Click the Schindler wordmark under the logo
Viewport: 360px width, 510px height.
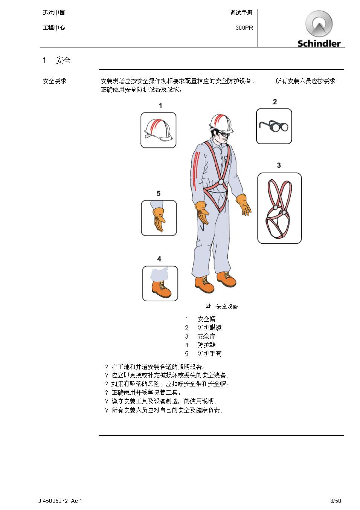tap(319, 43)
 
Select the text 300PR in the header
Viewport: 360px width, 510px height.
tap(244, 28)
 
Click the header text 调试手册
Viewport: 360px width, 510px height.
tap(241, 13)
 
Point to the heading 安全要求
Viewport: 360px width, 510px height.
tap(54, 81)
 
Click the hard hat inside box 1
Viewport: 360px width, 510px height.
tap(159, 130)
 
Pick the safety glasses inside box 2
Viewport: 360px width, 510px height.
tap(273, 126)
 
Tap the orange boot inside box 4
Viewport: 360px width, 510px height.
tap(161, 289)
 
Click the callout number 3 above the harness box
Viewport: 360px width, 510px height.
tap(279, 165)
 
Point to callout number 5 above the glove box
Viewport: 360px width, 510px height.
tap(159, 194)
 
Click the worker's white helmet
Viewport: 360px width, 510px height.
tap(221, 124)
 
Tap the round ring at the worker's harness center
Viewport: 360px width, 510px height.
tap(221, 182)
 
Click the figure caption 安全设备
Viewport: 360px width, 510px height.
tap(227, 307)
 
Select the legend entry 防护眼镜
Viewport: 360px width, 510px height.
tap(209, 328)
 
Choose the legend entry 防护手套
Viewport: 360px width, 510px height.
tap(209, 354)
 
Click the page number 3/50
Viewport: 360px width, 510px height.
tap(336, 501)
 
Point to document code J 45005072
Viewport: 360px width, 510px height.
tap(53, 501)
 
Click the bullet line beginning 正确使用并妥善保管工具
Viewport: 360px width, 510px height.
tap(146, 392)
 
